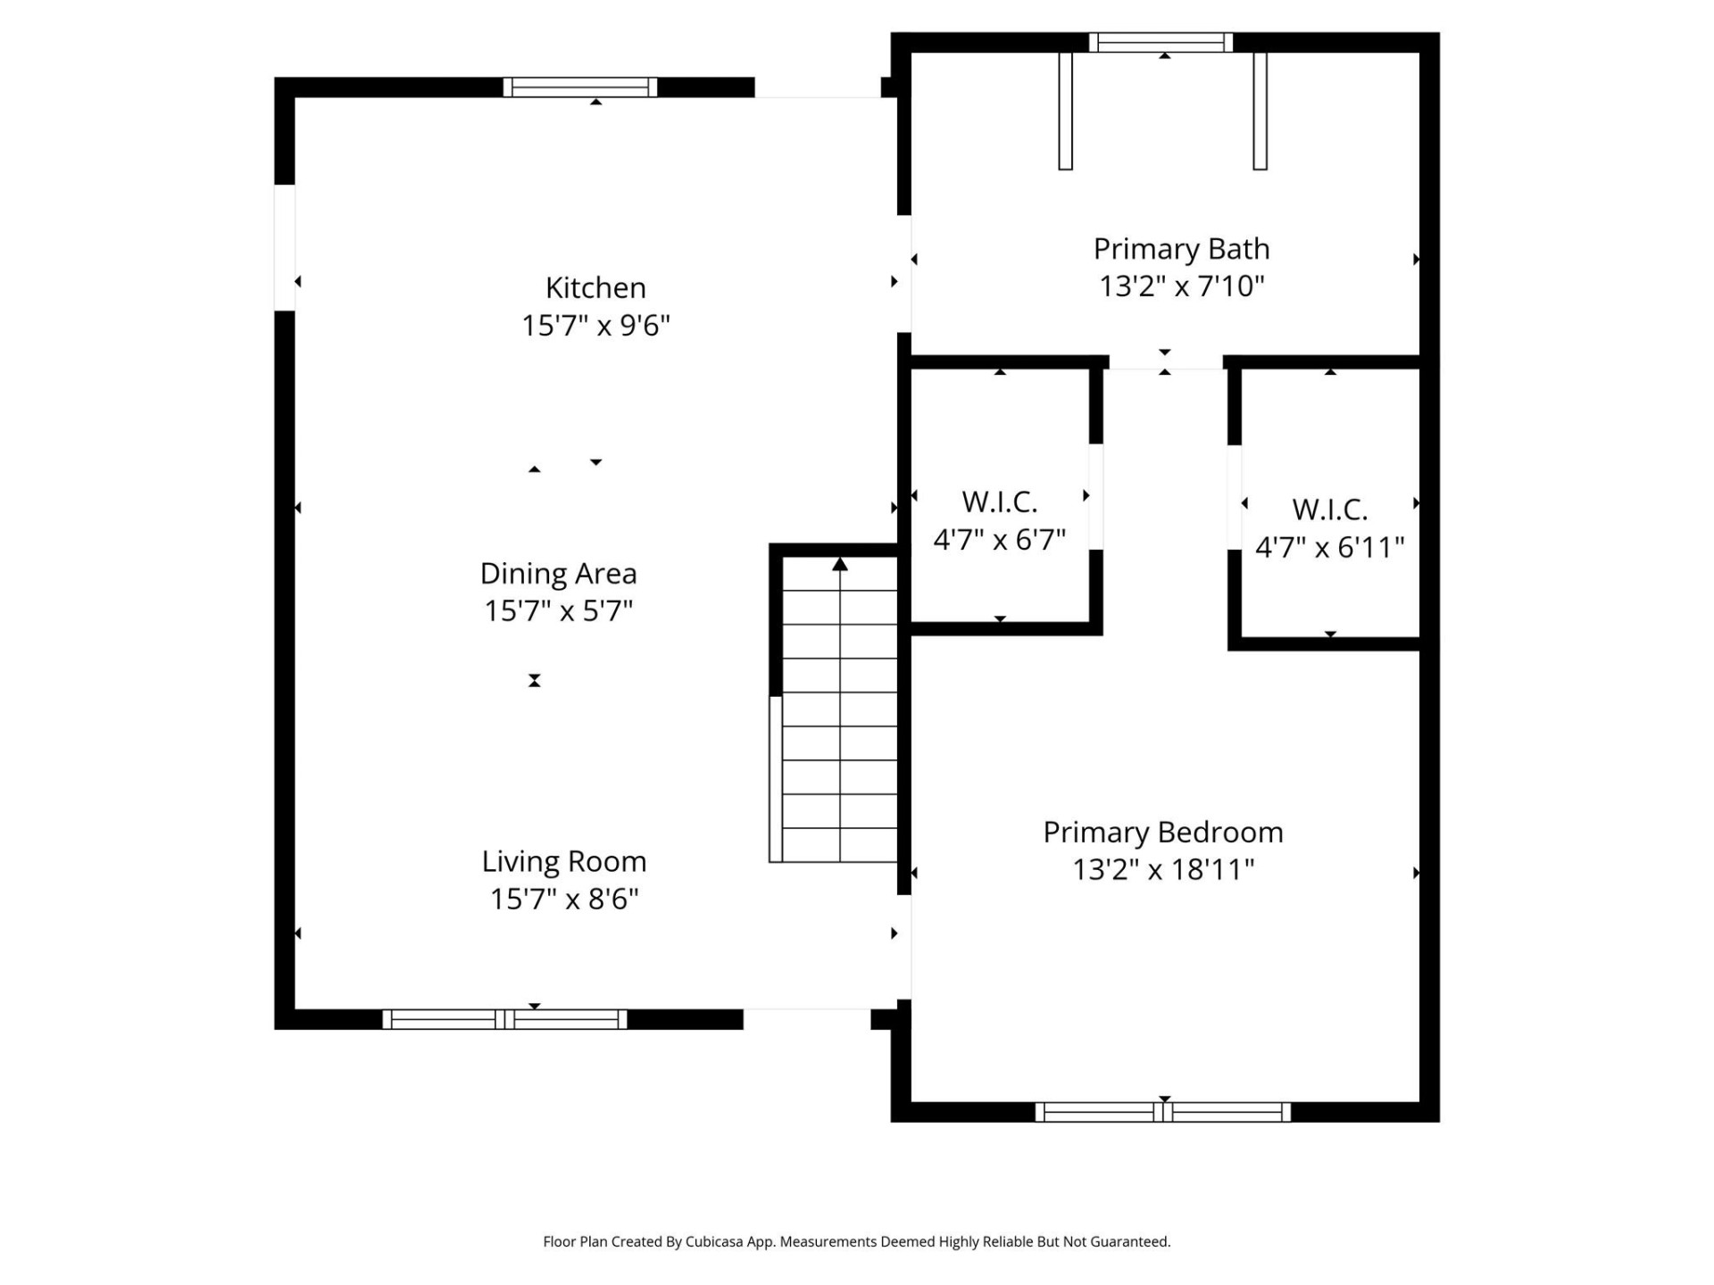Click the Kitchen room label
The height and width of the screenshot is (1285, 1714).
pos(595,287)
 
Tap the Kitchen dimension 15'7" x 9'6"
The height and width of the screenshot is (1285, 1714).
pos(595,326)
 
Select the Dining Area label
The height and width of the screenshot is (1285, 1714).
pos(558,573)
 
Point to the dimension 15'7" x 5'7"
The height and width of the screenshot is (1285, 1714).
pos(558,611)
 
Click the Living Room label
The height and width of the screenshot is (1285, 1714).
pos(563,861)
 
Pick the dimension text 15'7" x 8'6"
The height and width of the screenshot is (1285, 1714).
pos(563,899)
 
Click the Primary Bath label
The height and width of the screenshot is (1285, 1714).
pos(1181,249)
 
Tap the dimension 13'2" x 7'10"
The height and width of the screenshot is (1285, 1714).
pos(1181,286)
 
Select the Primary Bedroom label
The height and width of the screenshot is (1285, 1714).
pos(1162,832)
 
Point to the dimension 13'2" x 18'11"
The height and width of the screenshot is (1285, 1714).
pos(1162,869)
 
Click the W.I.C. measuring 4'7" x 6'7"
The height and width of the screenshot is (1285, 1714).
pos(999,502)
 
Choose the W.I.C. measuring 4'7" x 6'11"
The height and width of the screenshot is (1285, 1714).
pos(1329,510)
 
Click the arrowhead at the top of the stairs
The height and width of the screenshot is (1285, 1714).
pos(839,565)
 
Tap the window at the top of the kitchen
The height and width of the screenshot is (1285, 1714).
pos(580,87)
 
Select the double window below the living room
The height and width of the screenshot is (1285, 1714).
pos(505,1019)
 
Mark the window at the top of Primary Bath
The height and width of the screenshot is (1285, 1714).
pos(1161,42)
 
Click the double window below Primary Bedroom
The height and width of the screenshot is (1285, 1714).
pos(1162,1112)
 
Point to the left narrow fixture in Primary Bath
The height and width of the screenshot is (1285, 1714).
pos(1065,112)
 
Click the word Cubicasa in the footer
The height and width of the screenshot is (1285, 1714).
pos(714,1241)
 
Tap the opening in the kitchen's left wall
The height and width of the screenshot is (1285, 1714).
pos(284,247)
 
